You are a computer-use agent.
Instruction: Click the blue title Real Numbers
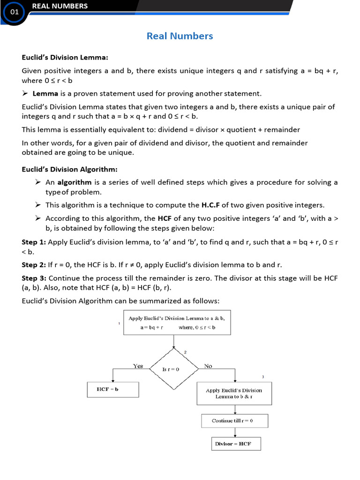(x=180, y=36)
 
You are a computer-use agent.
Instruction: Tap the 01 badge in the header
(x=15, y=12)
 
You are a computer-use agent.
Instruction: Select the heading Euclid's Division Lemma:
(x=65, y=58)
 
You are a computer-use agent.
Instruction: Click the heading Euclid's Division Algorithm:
(x=69, y=169)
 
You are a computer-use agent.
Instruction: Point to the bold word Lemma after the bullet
(x=45, y=93)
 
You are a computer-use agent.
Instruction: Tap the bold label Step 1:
(x=34, y=242)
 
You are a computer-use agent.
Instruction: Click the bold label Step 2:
(x=34, y=265)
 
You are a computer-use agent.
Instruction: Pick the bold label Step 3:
(x=34, y=278)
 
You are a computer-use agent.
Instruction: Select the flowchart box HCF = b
(x=113, y=390)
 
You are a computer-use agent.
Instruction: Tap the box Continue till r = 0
(x=234, y=420)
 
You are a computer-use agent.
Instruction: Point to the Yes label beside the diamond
(x=138, y=366)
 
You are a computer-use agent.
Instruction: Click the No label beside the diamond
(x=208, y=366)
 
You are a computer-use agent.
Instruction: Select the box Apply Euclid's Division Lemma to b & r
(x=234, y=393)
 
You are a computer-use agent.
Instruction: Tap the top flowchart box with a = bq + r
(x=177, y=322)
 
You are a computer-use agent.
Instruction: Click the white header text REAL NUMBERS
(x=60, y=6)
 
